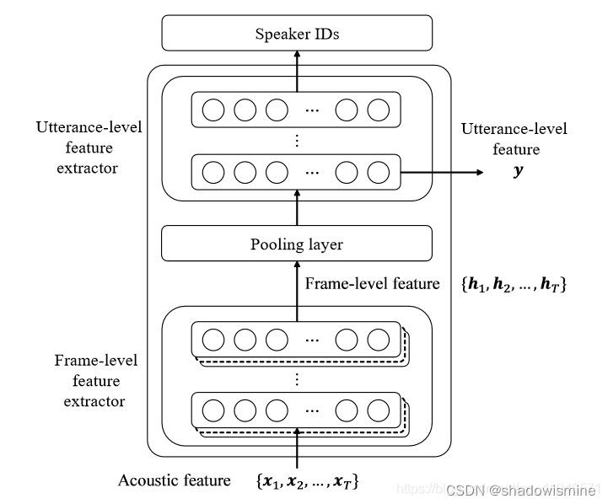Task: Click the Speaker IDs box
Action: (x=297, y=34)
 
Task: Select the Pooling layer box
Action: (x=297, y=244)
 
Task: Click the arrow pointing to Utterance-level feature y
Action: (x=442, y=172)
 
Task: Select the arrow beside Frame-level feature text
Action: (x=297, y=287)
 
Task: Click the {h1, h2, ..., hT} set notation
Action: (x=513, y=286)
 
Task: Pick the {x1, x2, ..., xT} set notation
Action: (x=307, y=481)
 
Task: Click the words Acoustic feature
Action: (x=175, y=480)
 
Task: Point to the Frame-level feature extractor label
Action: (x=95, y=381)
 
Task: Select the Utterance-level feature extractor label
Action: (x=89, y=147)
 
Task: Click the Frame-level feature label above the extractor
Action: (x=372, y=284)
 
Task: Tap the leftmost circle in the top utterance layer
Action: (x=213, y=110)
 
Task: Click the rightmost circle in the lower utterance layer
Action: (x=379, y=172)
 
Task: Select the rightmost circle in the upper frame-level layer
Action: (x=379, y=340)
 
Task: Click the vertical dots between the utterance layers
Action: (x=297, y=141)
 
